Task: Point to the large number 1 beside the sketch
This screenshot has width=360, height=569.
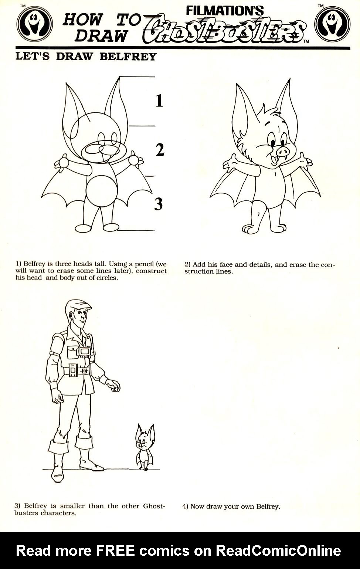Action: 159,101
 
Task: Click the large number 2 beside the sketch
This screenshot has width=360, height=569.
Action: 160,150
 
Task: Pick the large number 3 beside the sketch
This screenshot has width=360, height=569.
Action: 159,204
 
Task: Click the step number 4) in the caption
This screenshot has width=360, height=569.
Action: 186,506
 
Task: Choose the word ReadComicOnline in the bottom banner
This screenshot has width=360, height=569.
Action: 278,551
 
